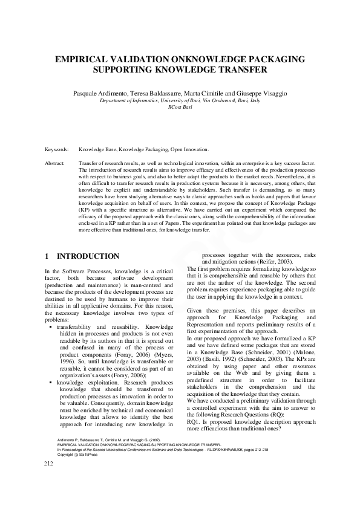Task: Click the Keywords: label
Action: click(x=57, y=149)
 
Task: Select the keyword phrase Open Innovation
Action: click(x=189, y=149)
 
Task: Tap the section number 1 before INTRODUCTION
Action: click(x=47, y=256)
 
